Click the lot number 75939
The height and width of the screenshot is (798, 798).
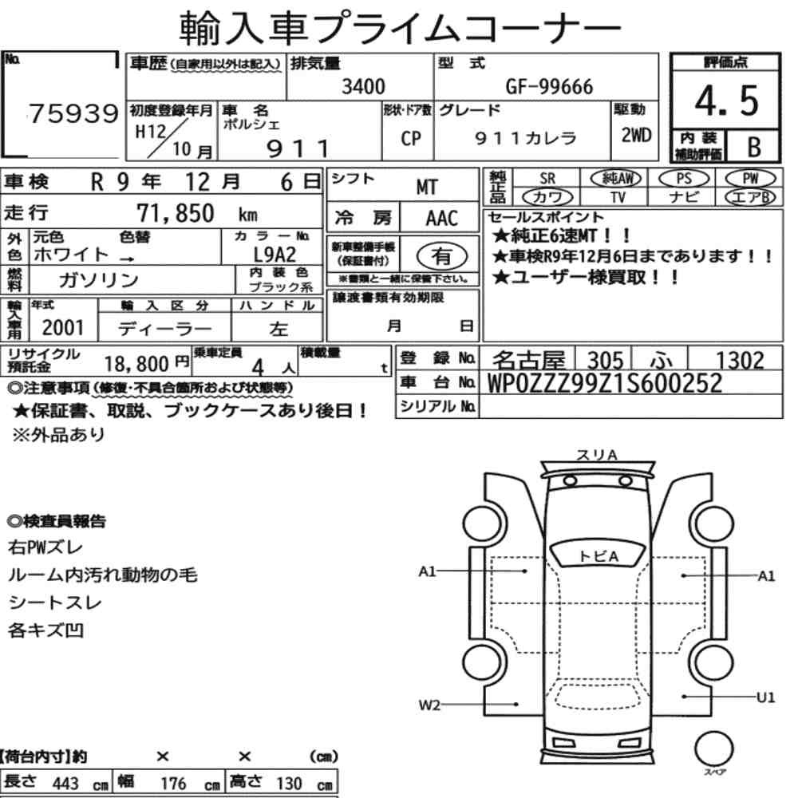[x=73, y=113]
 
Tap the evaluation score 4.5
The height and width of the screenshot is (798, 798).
[x=726, y=101]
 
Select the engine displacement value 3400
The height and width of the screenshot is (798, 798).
[x=363, y=86]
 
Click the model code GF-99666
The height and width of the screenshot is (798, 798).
[x=549, y=86]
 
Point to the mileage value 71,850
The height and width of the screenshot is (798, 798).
[x=176, y=213]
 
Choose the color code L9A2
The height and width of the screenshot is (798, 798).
[x=275, y=254]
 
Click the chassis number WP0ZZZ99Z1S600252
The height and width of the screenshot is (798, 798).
[x=605, y=383]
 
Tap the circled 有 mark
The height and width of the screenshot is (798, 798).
[x=441, y=255]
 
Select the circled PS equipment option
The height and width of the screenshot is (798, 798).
[x=684, y=179]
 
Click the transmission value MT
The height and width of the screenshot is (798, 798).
[x=426, y=188]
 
